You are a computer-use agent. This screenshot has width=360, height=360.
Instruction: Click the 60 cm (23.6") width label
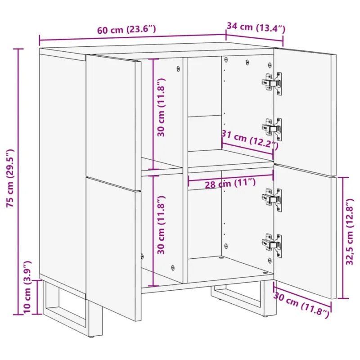pyautogui.click(x=126, y=30)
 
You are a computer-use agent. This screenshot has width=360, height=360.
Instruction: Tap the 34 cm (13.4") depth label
pyautogui.click(x=256, y=27)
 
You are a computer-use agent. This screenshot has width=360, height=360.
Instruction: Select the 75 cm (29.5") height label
pyautogui.click(x=10, y=178)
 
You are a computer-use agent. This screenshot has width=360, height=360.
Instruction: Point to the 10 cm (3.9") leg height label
pyautogui.click(x=27, y=287)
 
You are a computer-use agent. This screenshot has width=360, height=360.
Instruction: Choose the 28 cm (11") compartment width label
pyautogui.click(x=230, y=183)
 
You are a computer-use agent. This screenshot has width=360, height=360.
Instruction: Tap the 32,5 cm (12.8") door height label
pyautogui.click(x=350, y=232)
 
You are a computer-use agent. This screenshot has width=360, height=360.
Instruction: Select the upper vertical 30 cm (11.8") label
pyautogui.click(x=161, y=108)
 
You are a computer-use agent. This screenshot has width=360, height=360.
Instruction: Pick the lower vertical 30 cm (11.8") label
pyautogui.click(x=161, y=225)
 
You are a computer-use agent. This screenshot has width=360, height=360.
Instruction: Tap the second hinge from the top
pyautogui.click(x=272, y=129)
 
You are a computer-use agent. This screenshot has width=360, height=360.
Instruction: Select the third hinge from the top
pyautogui.click(x=272, y=199)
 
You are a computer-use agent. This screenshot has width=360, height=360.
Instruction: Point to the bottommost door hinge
pyautogui.click(x=272, y=245)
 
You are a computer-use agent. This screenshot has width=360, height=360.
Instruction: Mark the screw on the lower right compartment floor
pyautogui.click(x=265, y=273)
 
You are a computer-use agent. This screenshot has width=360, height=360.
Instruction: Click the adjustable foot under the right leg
pyautogui.click(x=266, y=316)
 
